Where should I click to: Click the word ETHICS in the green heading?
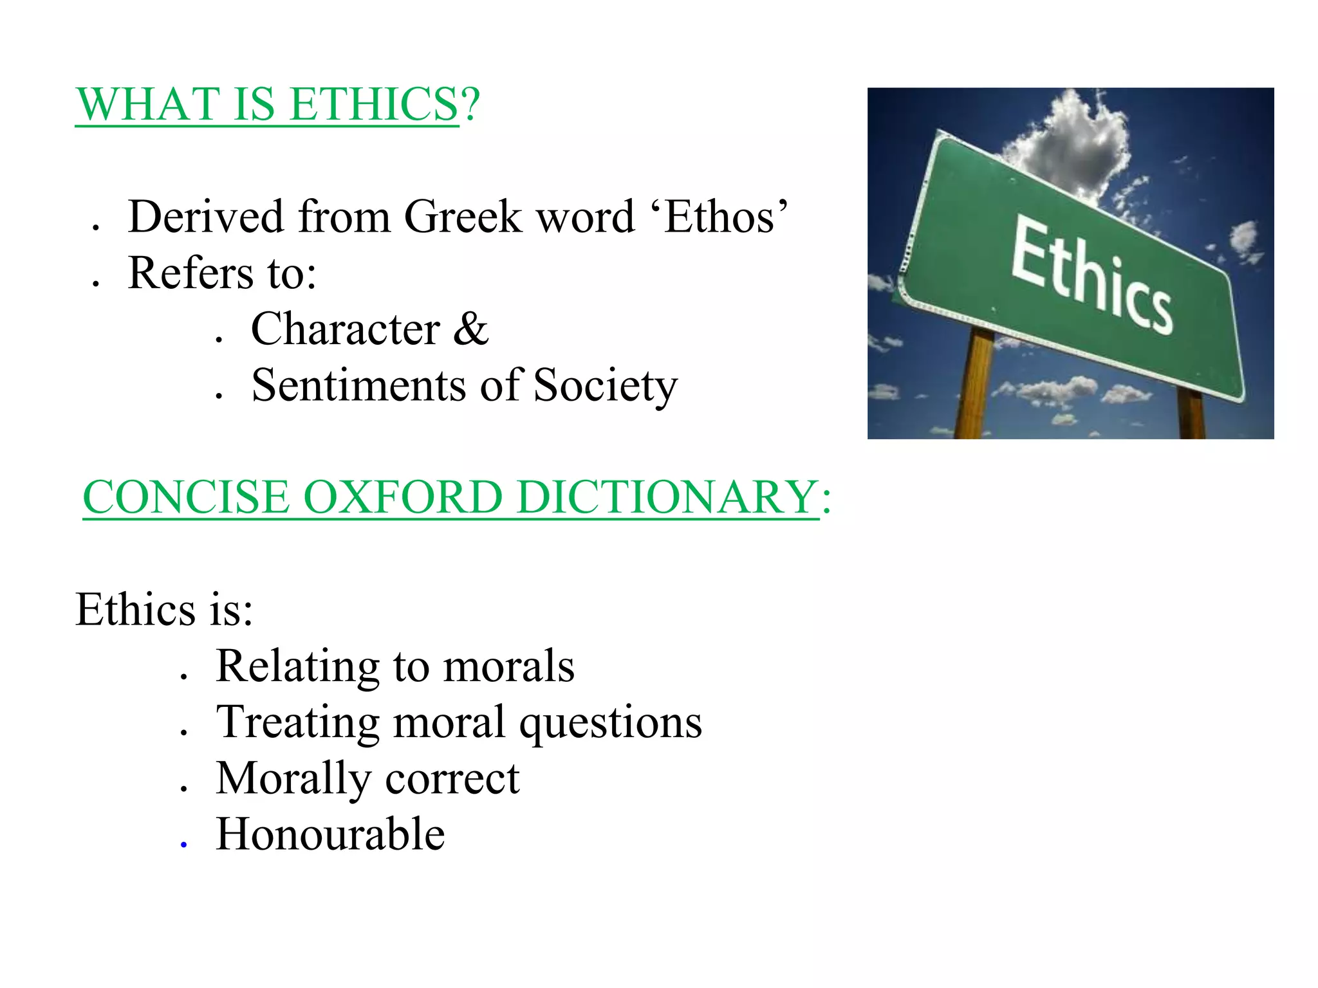(x=373, y=104)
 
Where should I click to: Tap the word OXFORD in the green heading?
(x=402, y=497)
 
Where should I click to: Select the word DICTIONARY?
(x=667, y=497)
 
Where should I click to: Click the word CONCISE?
(x=187, y=497)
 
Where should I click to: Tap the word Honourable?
(x=330, y=834)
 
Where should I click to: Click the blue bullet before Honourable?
(x=184, y=845)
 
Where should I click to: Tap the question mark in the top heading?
(x=470, y=104)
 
